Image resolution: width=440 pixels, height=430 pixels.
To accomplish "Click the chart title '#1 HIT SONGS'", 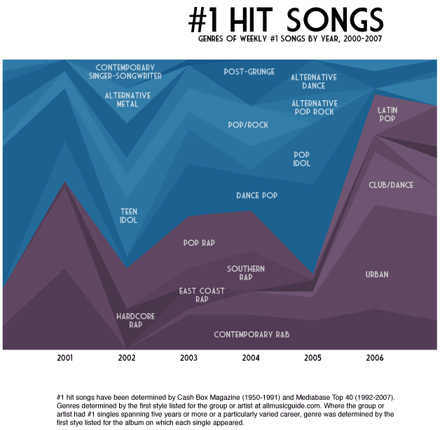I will (x=286, y=20).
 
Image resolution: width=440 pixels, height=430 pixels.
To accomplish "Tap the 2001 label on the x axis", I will (x=65, y=358).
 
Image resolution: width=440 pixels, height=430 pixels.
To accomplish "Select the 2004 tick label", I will (x=251, y=358).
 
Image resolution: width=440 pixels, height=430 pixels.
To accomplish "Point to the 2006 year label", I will (x=374, y=358).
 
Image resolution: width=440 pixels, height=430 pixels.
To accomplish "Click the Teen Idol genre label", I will (x=128, y=216).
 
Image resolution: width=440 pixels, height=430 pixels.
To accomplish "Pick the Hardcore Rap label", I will (x=135, y=320).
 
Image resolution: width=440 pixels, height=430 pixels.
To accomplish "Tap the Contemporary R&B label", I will (x=252, y=335).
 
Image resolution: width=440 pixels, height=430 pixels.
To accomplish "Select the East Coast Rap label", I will (x=202, y=295).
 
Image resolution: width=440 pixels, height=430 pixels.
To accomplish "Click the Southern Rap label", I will (x=245, y=272).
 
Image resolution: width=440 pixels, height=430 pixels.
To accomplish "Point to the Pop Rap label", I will (x=198, y=243).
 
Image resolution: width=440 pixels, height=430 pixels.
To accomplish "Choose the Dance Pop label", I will (x=257, y=195).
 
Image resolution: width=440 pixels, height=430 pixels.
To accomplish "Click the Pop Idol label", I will (x=301, y=159).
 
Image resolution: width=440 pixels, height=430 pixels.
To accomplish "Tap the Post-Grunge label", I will (x=249, y=71).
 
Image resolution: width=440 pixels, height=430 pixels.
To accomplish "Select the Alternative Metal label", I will (x=127, y=99).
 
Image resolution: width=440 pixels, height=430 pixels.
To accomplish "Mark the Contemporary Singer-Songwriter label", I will (x=125, y=71).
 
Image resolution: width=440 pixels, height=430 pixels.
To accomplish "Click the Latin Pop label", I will (x=387, y=114).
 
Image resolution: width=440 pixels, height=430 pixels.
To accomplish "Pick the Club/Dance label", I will (x=391, y=185).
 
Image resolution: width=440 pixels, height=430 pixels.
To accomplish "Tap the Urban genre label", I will (x=376, y=275).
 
